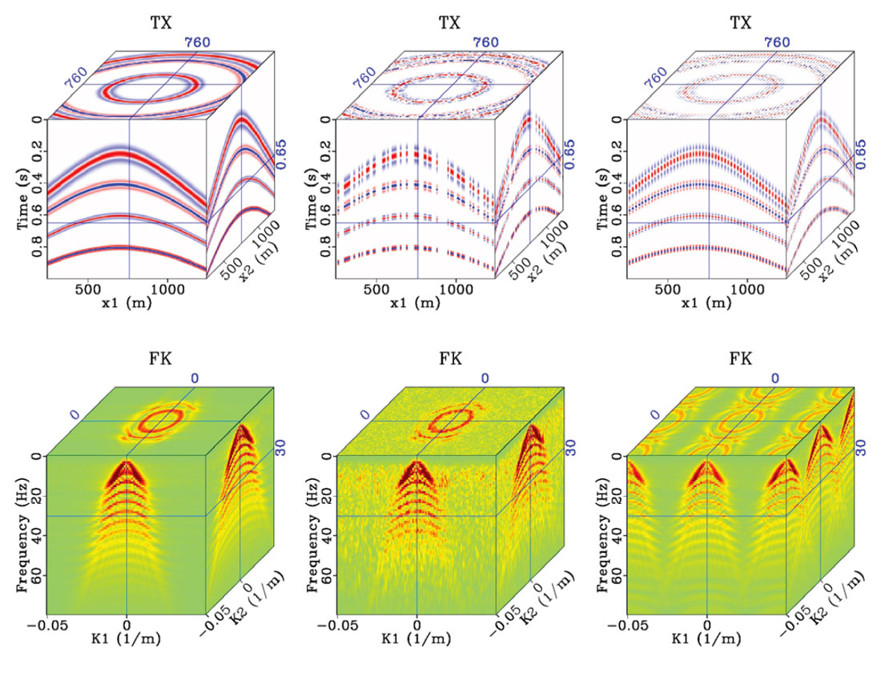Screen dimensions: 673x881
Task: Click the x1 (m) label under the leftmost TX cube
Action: coord(127,305)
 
